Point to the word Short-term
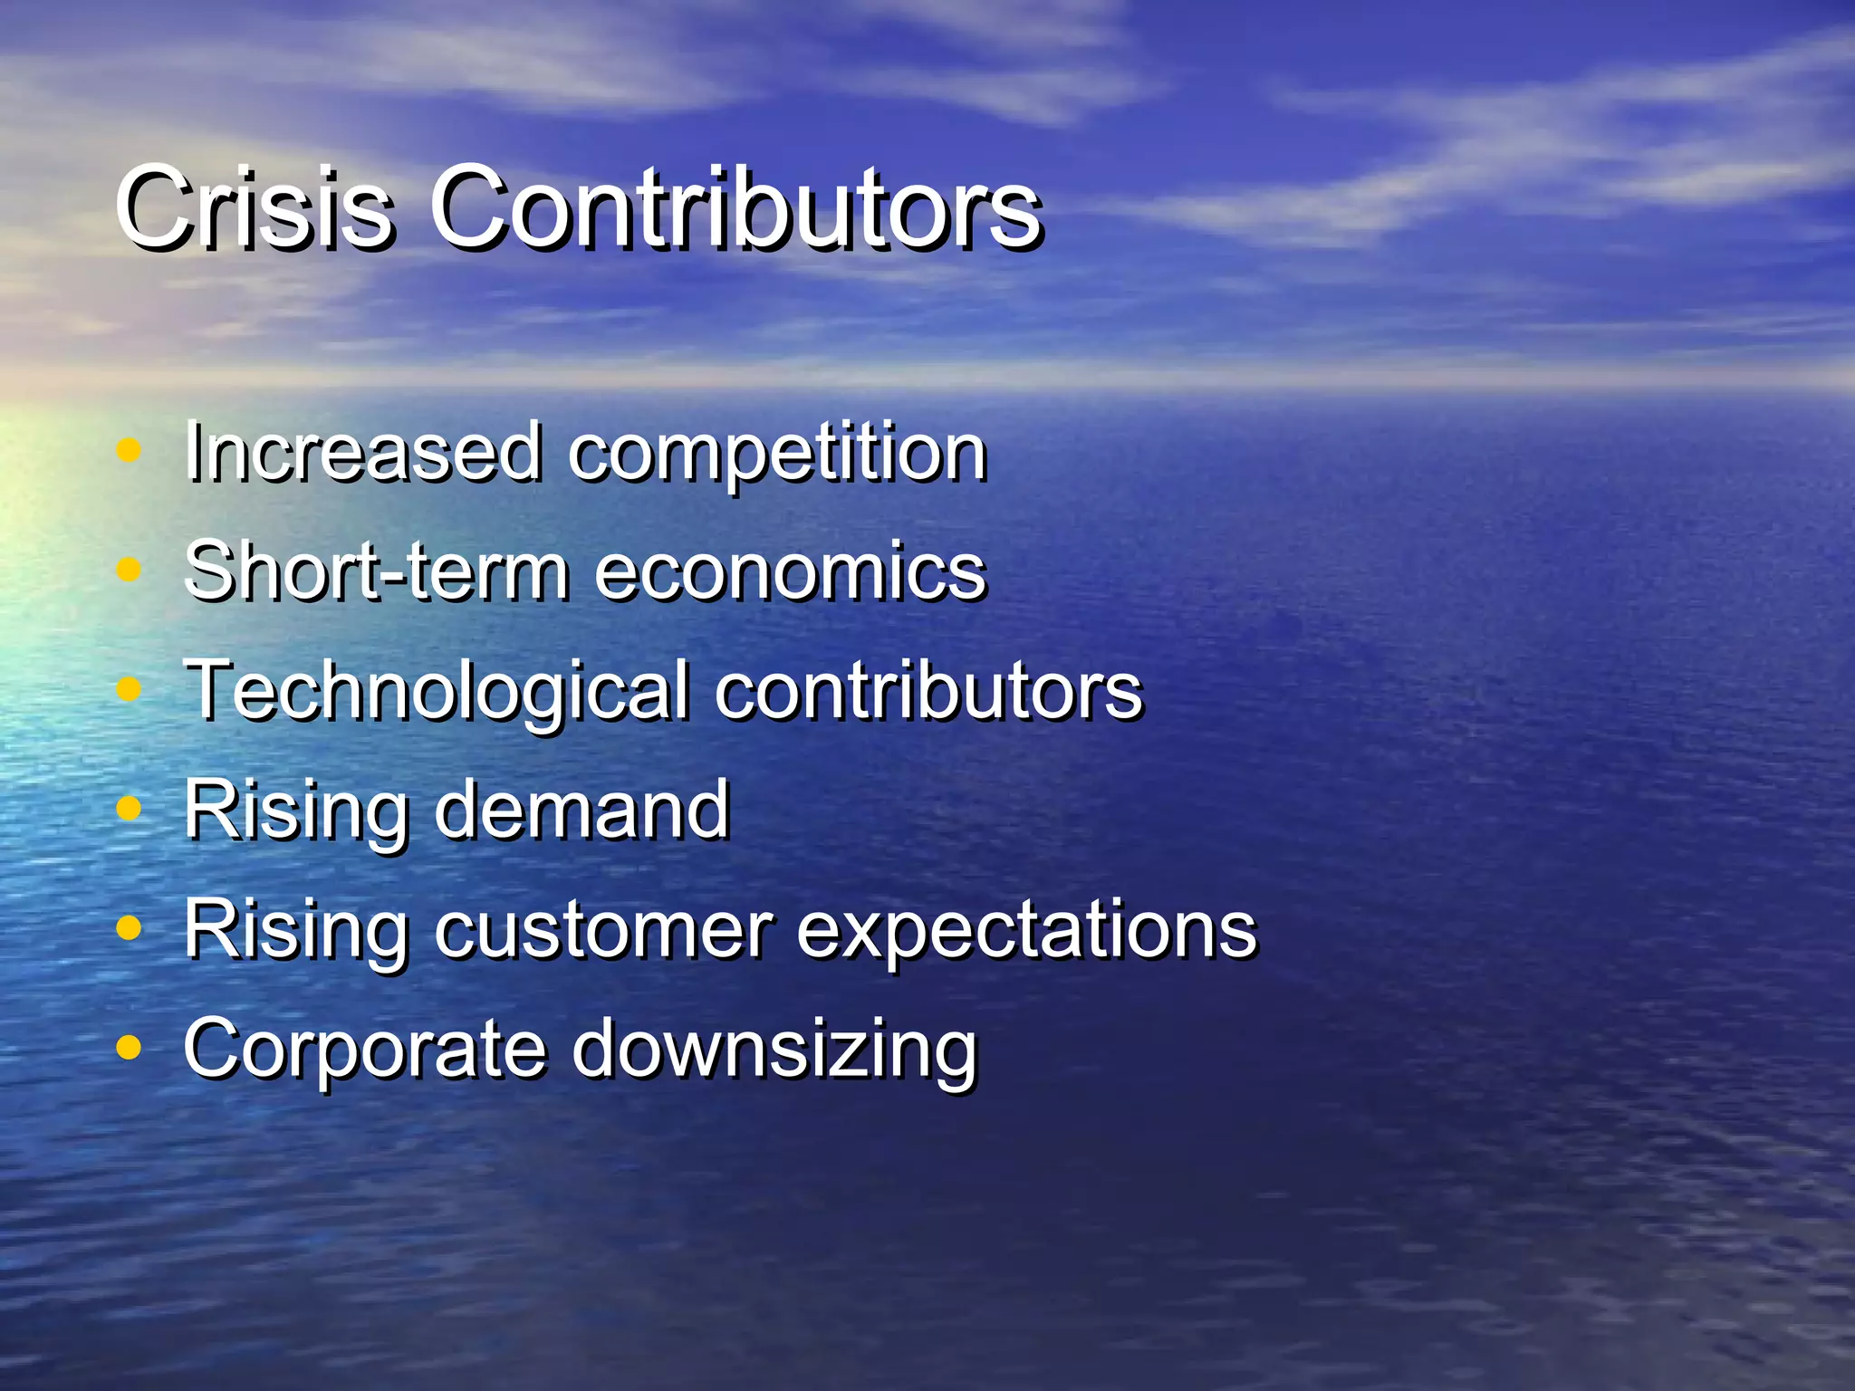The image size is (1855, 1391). [x=377, y=571]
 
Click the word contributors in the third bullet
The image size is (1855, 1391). [x=928, y=690]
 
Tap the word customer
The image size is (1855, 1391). [x=603, y=929]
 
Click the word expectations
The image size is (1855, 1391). [x=1027, y=931]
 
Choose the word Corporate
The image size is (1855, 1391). [x=365, y=1049]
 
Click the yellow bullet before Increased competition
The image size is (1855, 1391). [x=130, y=450]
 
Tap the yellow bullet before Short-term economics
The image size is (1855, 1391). [x=130, y=570]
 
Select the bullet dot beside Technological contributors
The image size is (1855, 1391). [x=130, y=689]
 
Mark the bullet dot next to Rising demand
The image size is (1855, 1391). [x=130, y=808]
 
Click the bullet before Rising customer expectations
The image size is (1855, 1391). [x=130, y=927]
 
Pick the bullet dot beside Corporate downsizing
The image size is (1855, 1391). [x=130, y=1047]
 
